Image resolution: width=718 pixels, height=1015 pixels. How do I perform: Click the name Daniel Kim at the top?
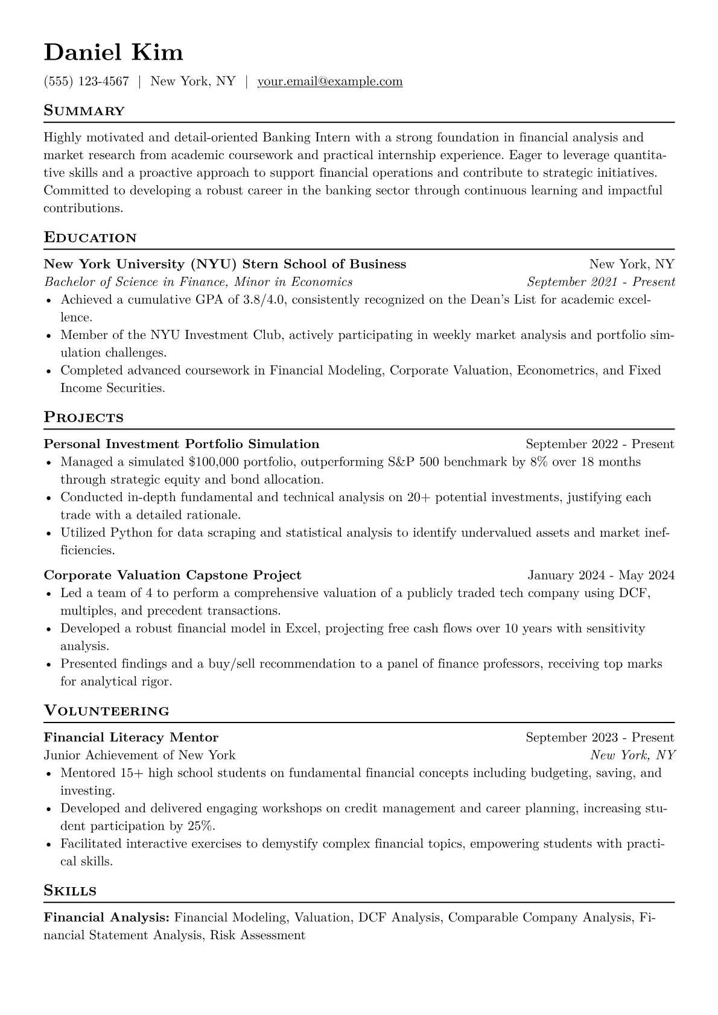pos(113,52)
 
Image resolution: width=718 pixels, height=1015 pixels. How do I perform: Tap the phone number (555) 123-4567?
pos(86,81)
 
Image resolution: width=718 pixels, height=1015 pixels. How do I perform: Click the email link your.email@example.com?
pos(329,81)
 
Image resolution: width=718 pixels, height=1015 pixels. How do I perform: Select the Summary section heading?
pos(84,111)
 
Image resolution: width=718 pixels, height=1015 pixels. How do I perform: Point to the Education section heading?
pos(90,238)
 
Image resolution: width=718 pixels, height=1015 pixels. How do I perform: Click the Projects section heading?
pos(83,417)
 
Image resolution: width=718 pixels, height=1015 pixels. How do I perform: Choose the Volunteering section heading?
pos(106,711)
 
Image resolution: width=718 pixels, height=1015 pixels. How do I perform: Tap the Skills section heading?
pos(70,891)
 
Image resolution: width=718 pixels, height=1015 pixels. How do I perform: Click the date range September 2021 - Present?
pos(600,282)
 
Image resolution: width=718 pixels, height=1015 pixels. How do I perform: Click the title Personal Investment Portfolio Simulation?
pos(182,444)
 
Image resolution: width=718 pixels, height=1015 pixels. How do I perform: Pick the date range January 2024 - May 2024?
pos(600,575)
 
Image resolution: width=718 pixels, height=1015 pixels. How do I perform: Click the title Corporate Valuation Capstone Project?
pos(173,575)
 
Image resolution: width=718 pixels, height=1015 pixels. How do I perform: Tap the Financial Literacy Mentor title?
pos(131,738)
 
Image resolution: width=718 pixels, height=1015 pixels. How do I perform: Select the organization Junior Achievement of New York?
pos(139,755)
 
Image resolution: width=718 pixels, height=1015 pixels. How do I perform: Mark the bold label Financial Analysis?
pos(107,918)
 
